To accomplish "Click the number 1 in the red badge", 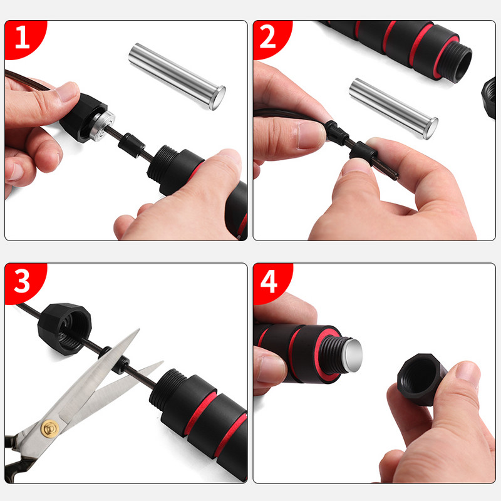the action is tap(23, 37).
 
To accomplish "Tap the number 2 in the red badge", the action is tap(268, 37).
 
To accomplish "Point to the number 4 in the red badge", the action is tap(269, 281).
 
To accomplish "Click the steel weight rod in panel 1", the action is tap(177, 76).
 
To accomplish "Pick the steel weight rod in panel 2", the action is tap(393, 108).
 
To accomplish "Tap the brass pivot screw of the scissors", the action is tap(51, 428).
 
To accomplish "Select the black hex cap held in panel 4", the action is tap(421, 380).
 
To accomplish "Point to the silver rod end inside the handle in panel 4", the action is tap(353, 356).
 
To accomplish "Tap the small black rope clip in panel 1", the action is tap(132, 145).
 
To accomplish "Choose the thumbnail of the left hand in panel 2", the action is tap(311, 135).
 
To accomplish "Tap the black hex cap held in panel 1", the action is tap(84, 117).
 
